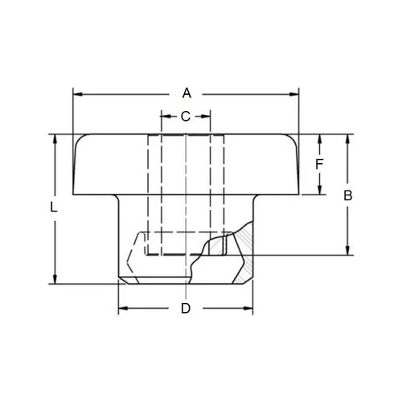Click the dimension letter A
(x=186, y=92)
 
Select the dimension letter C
(x=186, y=117)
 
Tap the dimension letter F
(x=319, y=164)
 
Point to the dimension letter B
(x=348, y=195)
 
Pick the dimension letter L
(x=54, y=207)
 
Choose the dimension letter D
(x=186, y=309)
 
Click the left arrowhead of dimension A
(x=77, y=93)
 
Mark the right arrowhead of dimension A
(x=295, y=93)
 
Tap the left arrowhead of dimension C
(x=165, y=117)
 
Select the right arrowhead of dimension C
(x=207, y=117)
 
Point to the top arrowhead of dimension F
(x=319, y=137)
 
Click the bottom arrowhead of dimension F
(x=319, y=190)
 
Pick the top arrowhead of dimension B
(x=348, y=137)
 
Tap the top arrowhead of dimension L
(x=55, y=137)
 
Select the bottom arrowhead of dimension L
(x=55, y=278)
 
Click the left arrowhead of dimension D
(x=122, y=309)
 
